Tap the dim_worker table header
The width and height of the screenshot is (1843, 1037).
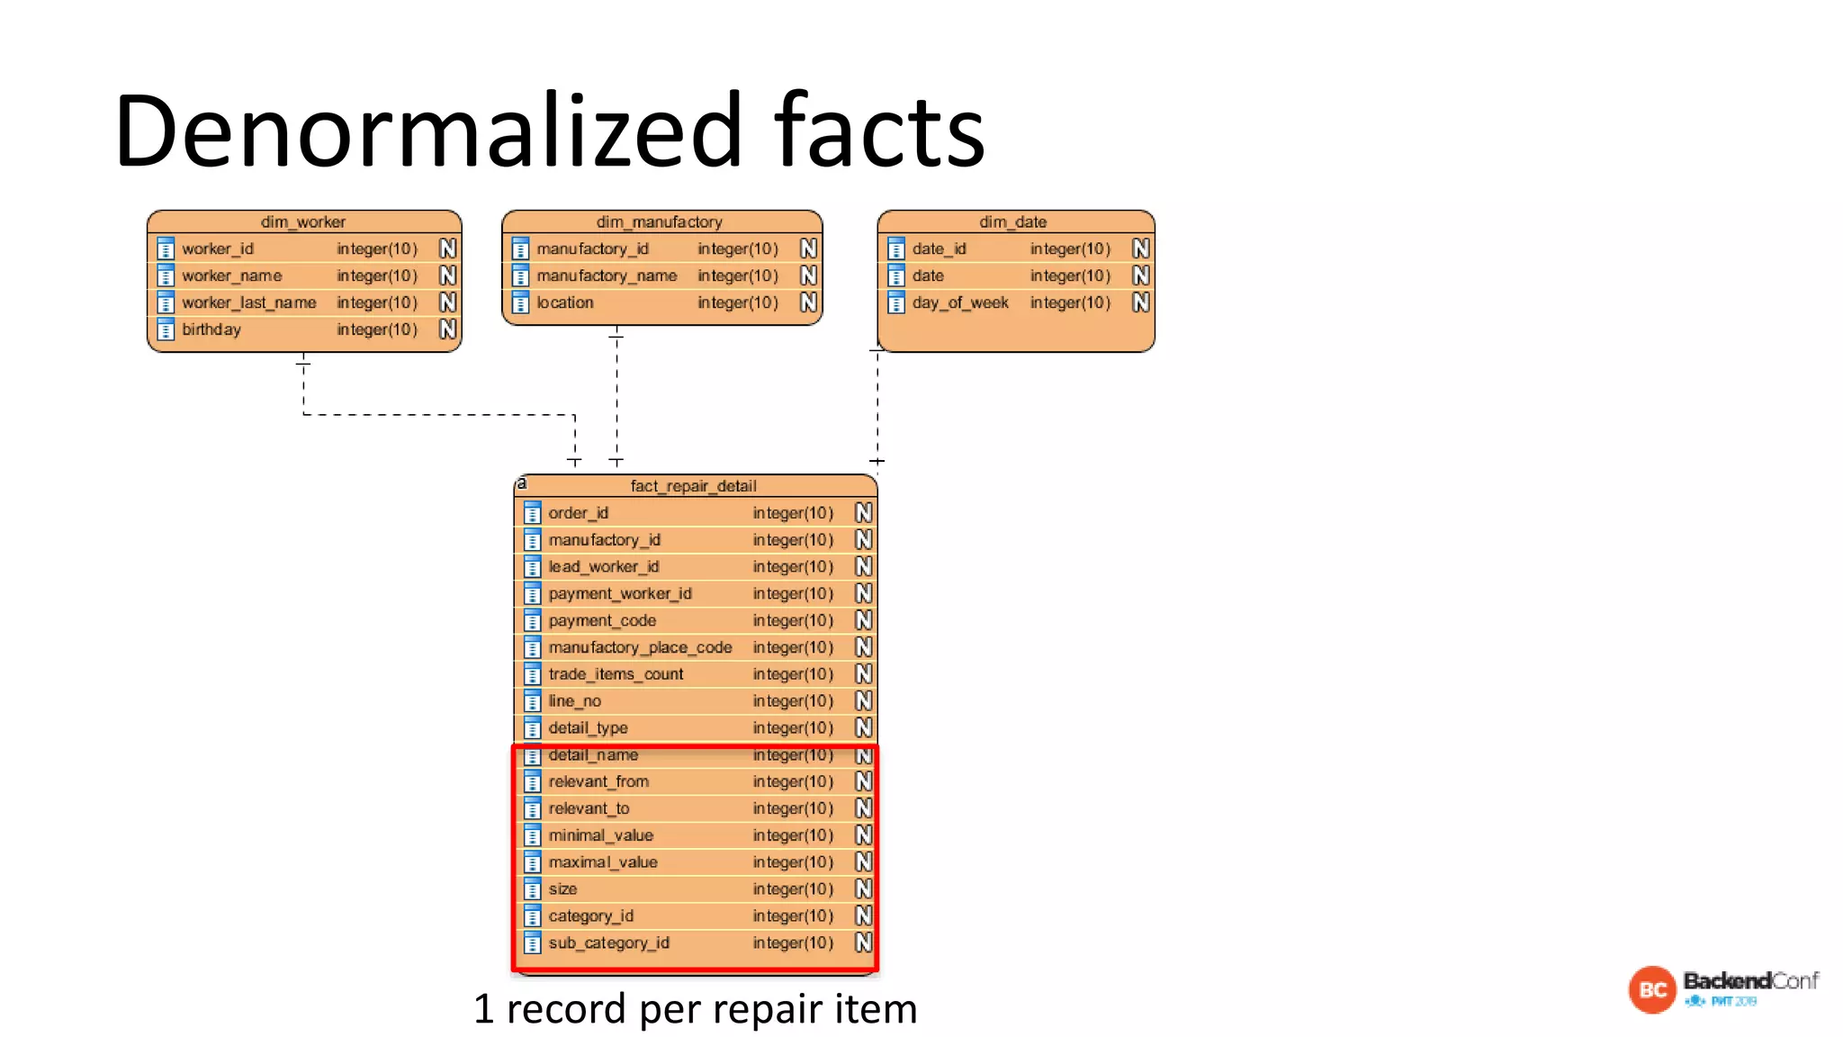[x=303, y=221]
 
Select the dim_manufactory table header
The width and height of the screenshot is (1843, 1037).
[x=660, y=221]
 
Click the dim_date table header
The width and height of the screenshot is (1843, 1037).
[x=1013, y=221]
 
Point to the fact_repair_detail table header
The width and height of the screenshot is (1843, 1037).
[x=693, y=486]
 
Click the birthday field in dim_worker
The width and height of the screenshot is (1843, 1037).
[x=211, y=329]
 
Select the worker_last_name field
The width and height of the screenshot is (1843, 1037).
[x=248, y=302]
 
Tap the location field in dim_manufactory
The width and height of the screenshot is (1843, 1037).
[x=565, y=302]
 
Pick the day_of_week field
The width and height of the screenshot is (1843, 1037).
[x=960, y=302]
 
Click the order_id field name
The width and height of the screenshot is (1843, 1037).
[x=579, y=513]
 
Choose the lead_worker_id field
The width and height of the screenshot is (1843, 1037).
[x=604, y=567]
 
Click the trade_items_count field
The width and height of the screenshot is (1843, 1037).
[x=616, y=674]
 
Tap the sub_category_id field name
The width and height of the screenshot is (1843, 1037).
[x=609, y=943]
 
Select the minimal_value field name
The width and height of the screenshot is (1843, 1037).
[x=601, y=835]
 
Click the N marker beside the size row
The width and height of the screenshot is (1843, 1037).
[x=864, y=889]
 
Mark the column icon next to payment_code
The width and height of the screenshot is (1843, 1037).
[x=533, y=621]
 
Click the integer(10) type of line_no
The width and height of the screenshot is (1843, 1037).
[x=793, y=701]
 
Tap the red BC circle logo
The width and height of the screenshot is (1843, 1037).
[x=1652, y=990]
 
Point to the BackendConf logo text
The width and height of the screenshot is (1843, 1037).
[x=1750, y=980]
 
